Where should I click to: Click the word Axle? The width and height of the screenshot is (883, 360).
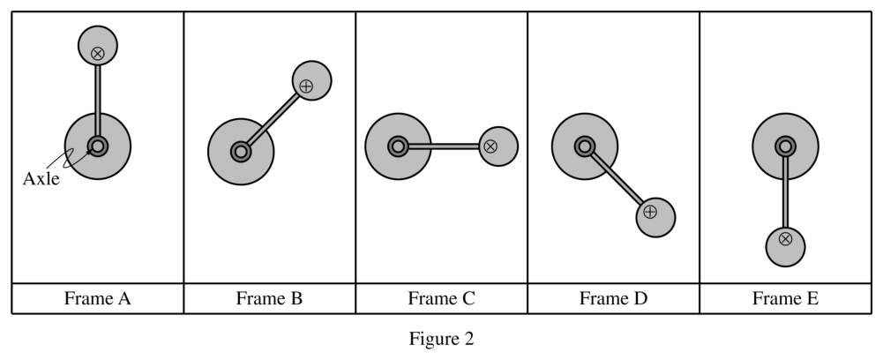(x=41, y=178)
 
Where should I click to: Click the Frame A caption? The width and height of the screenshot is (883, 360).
(x=97, y=298)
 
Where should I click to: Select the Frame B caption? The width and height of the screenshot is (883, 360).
(x=269, y=298)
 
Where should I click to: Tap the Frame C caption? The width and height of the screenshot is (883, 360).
(x=441, y=298)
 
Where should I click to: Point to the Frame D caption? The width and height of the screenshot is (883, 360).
(x=613, y=298)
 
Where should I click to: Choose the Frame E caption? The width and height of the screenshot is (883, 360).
(x=786, y=298)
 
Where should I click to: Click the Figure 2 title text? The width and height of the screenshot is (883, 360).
(x=441, y=339)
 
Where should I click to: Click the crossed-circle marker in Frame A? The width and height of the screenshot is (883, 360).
(x=98, y=54)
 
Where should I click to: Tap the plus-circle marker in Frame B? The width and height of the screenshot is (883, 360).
(x=306, y=86)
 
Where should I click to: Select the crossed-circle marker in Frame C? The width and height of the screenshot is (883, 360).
(x=490, y=146)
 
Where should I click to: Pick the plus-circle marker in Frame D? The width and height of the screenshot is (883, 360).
(x=650, y=212)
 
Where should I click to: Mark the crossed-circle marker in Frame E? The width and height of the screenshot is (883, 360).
(x=786, y=239)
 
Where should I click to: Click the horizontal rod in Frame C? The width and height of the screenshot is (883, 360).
(x=443, y=146)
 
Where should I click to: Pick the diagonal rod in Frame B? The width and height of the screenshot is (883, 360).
(x=273, y=119)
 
